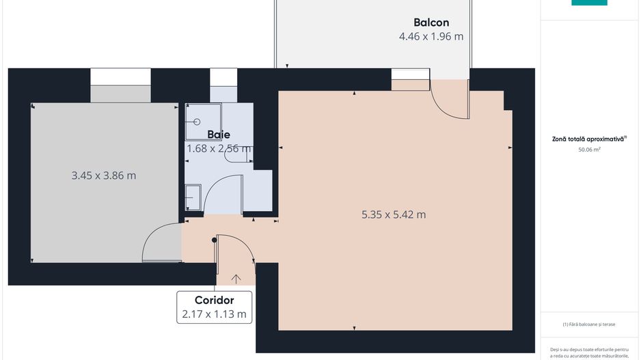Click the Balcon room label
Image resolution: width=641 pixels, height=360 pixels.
click(431, 22)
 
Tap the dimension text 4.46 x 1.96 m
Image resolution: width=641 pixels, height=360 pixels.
click(431, 37)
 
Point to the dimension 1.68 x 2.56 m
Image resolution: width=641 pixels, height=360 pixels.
click(219, 148)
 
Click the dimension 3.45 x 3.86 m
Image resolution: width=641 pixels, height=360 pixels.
click(104, 176)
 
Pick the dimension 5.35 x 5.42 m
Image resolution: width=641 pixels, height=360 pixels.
click(394, 214)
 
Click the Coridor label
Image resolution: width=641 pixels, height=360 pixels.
click(215, 300)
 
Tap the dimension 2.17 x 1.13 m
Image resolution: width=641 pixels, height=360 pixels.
click(215, 315)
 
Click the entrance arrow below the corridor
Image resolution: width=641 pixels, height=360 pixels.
click(236, 278)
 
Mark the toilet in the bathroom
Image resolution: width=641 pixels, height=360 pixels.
click(237, 156)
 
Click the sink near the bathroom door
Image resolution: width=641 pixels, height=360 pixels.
click(193, 197)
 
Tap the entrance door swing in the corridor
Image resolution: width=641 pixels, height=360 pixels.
click(243, 247)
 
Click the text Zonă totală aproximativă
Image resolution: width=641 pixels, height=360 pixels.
click(589, 139)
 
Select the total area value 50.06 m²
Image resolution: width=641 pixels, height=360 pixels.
click(589, 148)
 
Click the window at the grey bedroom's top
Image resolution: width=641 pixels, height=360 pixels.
click(120, 76)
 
